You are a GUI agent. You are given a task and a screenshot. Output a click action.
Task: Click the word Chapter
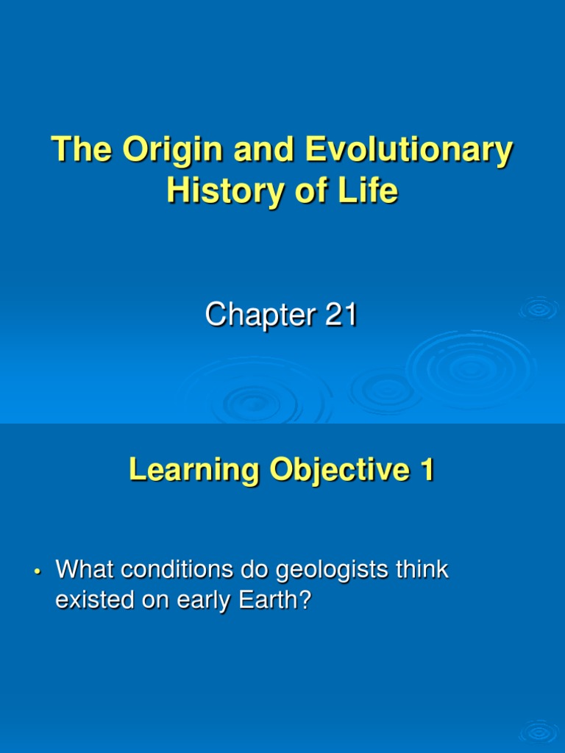coord(253,315)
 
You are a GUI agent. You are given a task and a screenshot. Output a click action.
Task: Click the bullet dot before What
coord(36,571)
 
